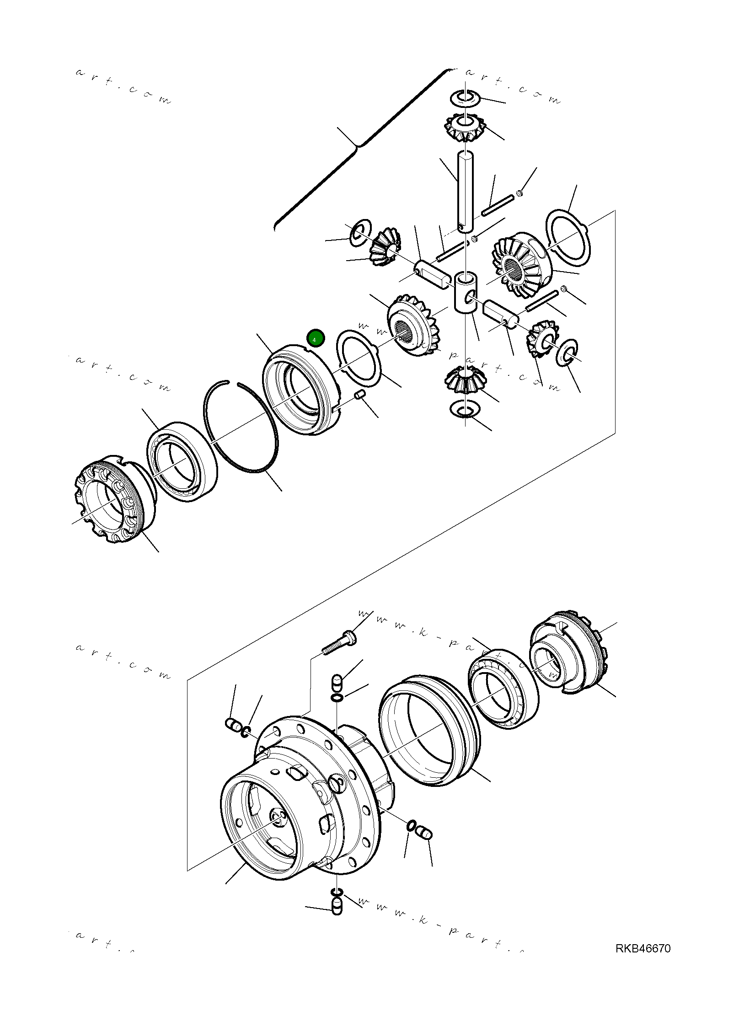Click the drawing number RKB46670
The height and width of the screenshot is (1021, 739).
point(643,948)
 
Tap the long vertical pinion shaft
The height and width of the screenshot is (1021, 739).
point(465,192)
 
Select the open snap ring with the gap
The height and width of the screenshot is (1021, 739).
point(240,426)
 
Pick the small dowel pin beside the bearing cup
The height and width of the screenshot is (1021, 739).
point(360,394)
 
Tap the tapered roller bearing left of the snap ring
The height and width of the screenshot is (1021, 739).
point(182,462)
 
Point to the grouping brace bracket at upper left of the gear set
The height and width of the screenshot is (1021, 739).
point(357,146)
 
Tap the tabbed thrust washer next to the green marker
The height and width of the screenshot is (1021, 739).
point(359,357)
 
